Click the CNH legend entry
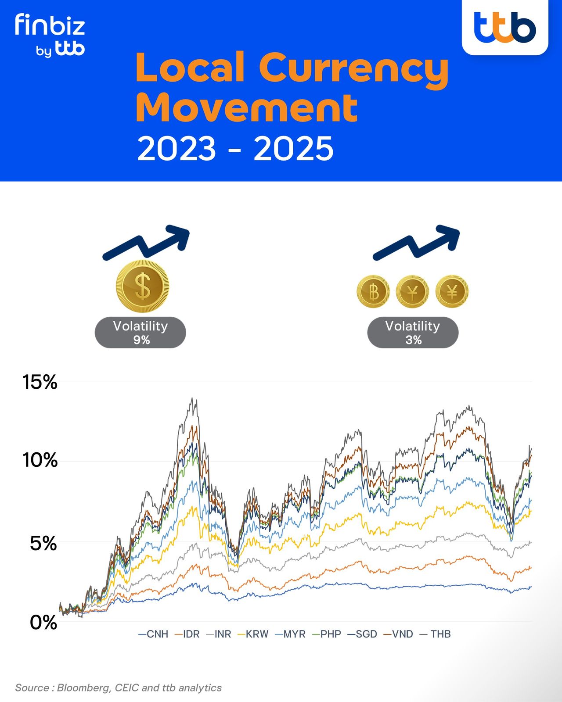click(154, 634)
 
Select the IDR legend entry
click(187, 634)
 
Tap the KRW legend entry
click(253, 634)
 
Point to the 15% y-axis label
click(40, 382)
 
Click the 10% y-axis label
click(40, 460)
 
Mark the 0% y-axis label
click(43, 623)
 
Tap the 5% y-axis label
click(43, 544)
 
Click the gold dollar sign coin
click(143, 287)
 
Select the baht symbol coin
click(373, 292)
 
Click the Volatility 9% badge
click(140, 333)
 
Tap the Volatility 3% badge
click(413, 333)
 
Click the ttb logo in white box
click(505, 27)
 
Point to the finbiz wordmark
click(50, 25)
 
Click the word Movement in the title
click(247, 108)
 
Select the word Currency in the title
click(354, 68)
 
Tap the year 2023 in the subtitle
click(177, 149)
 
